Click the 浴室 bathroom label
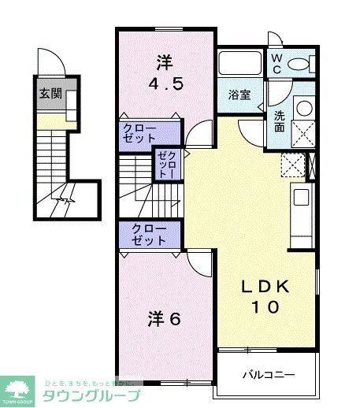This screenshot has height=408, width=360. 239,95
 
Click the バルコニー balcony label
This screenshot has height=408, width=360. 267,373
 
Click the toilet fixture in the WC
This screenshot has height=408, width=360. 301,64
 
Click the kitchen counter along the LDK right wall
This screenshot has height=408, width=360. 301,208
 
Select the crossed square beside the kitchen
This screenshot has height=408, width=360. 293,165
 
